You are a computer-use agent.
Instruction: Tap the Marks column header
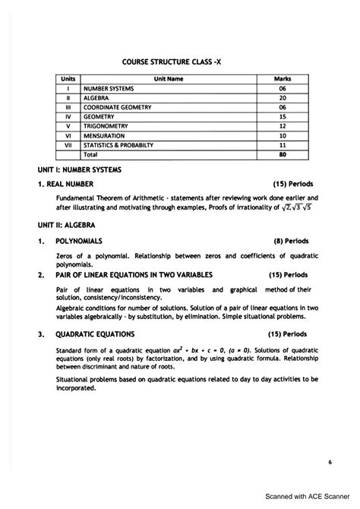pos(282,78)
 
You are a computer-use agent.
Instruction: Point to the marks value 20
pos(282,97)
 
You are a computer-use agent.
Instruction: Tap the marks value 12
pos(282,126)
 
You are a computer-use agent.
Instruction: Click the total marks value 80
pos(282,154)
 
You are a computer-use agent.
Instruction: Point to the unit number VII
pos(68,144)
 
